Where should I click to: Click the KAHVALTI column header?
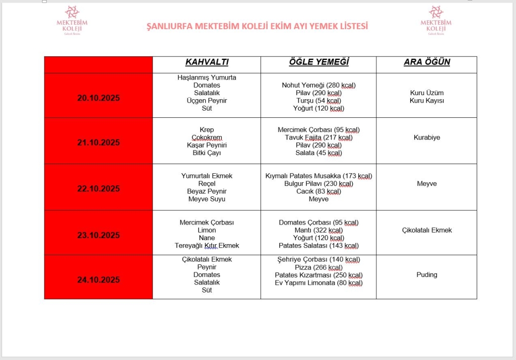point(207,62)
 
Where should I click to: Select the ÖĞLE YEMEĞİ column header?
point(318,62)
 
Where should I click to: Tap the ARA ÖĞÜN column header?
point(427,62)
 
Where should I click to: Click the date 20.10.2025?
point(99,98)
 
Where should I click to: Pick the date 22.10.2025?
point(99,189)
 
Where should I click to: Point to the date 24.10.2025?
point(99,280)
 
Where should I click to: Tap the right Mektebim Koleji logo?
point(436,20)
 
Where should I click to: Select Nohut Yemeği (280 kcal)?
point(318,85)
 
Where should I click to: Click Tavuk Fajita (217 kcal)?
point(318,137)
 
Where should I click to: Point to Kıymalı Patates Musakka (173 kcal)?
point(318,176)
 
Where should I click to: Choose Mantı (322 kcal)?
point(318,230)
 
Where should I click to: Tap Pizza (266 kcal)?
point(318,267)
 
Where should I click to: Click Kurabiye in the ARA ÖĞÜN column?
point(427,137)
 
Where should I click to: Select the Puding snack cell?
point(427,275)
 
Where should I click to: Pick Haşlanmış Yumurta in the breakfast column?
point(207,78)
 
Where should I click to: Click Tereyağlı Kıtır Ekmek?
point(207,246)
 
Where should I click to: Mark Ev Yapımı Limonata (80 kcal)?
point(318,283)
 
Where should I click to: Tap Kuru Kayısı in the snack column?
point(427,101)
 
